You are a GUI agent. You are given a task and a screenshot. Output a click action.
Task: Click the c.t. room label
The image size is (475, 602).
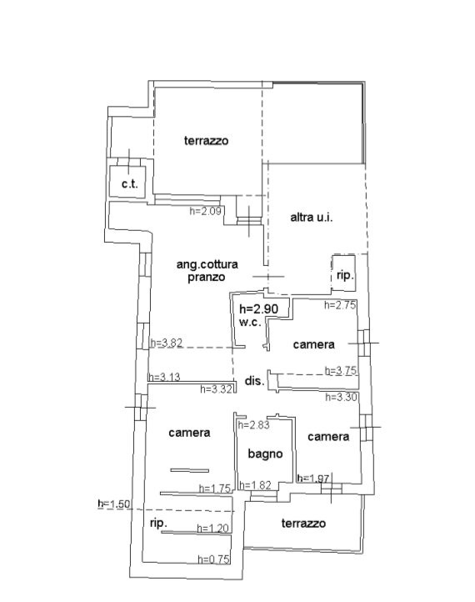pos(130,184)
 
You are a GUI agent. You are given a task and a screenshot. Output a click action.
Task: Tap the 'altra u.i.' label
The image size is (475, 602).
pos(312,218)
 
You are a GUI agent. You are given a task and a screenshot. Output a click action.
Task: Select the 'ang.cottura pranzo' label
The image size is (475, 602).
pos(207,271)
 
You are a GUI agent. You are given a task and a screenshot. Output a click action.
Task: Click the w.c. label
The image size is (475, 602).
pos(250,322)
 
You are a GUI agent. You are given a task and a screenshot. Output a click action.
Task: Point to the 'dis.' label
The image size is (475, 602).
pos(255,381)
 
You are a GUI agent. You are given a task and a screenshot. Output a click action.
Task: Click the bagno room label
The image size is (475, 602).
pos(265,454)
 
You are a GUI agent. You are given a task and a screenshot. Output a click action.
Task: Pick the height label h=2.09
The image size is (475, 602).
pos(206,211)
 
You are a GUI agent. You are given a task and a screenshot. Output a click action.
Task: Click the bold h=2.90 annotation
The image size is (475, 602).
pos(258,309)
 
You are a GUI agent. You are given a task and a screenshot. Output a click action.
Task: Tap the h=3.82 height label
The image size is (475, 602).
pos(166,343)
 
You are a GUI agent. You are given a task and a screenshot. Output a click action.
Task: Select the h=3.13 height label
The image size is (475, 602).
pos(164,377)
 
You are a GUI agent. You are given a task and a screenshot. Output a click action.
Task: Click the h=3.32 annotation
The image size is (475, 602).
pos(217,389)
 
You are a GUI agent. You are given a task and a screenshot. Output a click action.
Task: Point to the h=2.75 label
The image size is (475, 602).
pos(340,305)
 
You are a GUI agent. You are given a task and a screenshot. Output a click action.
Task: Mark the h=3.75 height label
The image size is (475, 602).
pos(341,370)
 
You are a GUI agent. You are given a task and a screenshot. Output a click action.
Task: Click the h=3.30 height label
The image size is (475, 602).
pos(342,397)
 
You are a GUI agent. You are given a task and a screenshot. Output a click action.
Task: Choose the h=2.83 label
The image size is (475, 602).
pos(253,424)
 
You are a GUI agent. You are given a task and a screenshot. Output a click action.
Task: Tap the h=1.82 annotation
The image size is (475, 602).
pos(255,485)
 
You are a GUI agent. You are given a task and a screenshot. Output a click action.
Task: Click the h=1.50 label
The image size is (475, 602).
pos(114,504)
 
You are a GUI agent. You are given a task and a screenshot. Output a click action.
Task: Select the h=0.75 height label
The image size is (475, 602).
pos(213,559)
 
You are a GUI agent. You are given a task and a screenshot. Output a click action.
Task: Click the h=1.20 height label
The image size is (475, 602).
pos(213,529)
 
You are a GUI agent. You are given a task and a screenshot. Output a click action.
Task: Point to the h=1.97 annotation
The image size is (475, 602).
pos(313,479)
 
